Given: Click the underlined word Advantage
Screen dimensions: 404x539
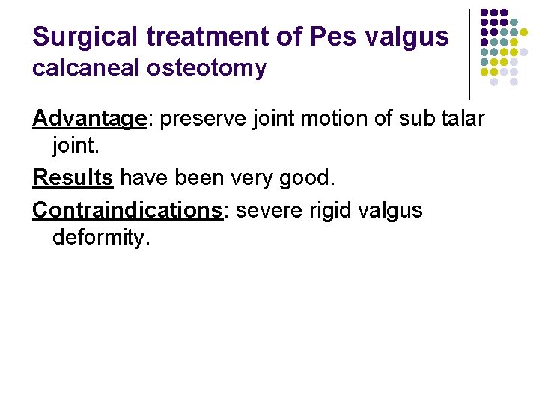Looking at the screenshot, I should [89, 119].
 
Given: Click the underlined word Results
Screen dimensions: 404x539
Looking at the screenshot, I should [73, 177].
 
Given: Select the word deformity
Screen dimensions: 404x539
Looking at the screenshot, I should [101, 238].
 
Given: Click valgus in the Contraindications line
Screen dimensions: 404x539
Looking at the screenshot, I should [392, 211].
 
